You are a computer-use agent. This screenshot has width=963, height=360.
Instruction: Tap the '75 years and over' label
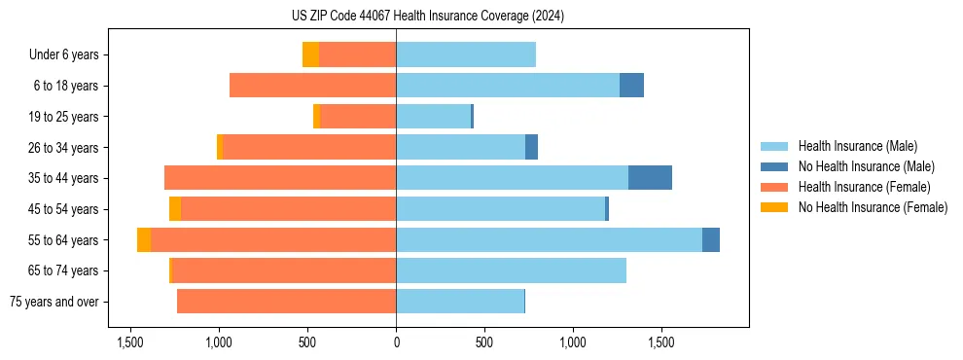pyautogui.click(x=54, y=302)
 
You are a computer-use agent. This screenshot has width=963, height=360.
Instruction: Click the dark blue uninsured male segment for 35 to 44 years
pyautogui.click(x=650, y=178)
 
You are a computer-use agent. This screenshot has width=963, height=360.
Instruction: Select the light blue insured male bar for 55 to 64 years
pyautogui.click(x=549, y=240)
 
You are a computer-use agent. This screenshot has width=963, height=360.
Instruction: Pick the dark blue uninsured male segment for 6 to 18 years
pyautogui.click(x=631, y=86)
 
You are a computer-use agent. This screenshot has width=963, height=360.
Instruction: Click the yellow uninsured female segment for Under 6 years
pyautogui.click(x=310, y=54)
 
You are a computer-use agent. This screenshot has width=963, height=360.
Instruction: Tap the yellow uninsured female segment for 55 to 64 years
pyautogui.click(x=144, y=240)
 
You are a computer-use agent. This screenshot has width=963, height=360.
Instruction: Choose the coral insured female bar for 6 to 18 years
pyautogui.click(x=312, y=86)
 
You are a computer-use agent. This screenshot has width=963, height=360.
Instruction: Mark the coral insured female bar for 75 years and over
pyautogui.click(x=286, y=302)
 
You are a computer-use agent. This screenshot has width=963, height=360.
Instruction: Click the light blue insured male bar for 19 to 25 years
pyautogui.click(x=433, y=117)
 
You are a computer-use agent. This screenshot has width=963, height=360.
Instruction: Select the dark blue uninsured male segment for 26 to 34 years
pyautogui.click(x=531, y=147)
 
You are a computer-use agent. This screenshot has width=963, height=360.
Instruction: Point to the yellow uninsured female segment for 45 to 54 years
pyautogui.click(x=175, y=209)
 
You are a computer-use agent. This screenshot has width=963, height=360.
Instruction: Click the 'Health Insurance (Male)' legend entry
pyautogui.click(x=856, y=146)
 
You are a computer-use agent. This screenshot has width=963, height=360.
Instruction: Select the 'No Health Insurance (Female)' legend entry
pyautogui.click(x=872, y=207)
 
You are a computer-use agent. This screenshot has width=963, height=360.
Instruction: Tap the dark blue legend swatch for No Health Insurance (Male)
pyautogui.click(x=774, y=166)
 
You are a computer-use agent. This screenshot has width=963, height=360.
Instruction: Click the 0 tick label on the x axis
pyautogui.click(x=396, y=343)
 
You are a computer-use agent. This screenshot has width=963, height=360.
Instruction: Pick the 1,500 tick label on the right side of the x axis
pyautogui.click(x=660, y=343)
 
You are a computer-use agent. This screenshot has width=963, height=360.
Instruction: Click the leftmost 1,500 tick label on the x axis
pyautogui.click(x=130, y=343)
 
